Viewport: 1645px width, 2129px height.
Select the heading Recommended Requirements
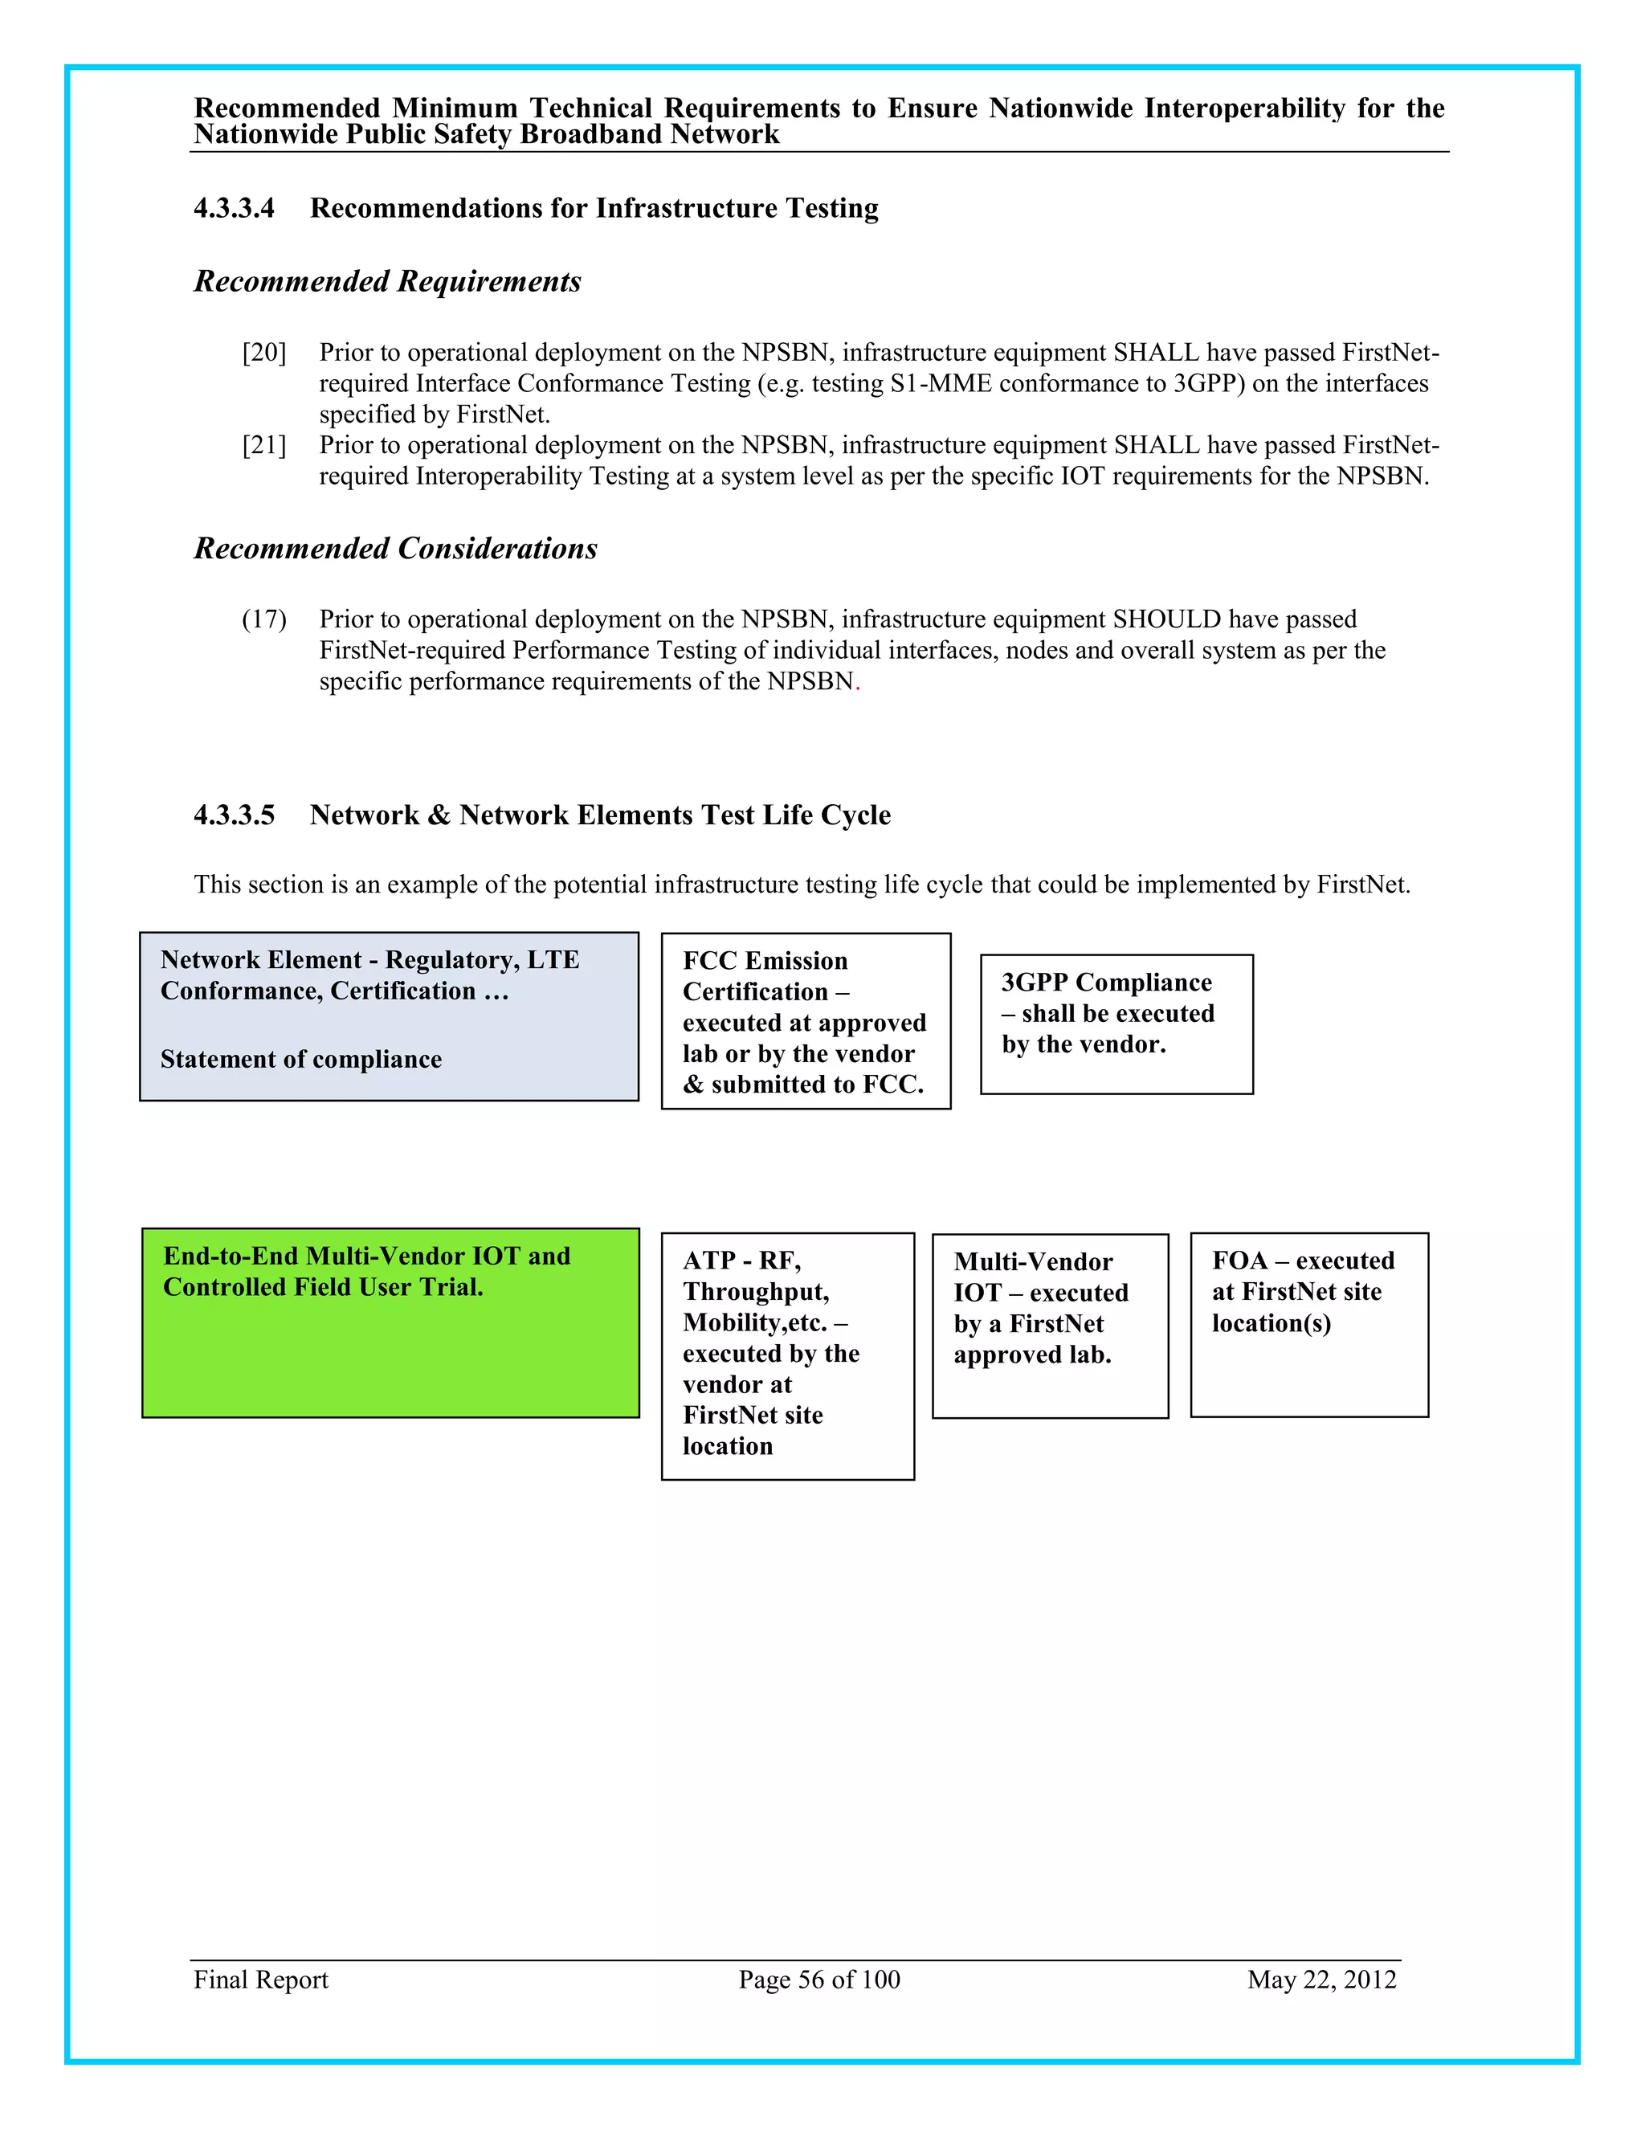pos(387,282)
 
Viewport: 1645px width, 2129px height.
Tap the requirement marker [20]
pos(264,353)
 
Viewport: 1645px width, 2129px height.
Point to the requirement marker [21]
pos(264,446)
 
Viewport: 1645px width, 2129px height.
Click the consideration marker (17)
pos(264,620)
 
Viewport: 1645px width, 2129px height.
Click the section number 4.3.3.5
pos(234,815)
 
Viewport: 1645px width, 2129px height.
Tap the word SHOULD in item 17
pos(1166,620)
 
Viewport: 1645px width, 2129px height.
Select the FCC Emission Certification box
pos(805,1020)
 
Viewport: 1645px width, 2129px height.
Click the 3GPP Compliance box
pos(1116,1024)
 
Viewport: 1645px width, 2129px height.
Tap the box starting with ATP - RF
pos(787,1356)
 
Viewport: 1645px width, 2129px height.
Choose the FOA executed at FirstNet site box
pos(1308,1324)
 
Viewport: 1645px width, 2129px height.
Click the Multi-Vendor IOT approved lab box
pos(1050,1326)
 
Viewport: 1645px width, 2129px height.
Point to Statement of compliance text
pos(300,1060)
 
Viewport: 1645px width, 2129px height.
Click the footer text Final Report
pos(260,1980)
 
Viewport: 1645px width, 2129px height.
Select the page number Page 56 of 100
pos(818,1980)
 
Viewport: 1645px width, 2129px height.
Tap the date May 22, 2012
pos(1321,1980)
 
